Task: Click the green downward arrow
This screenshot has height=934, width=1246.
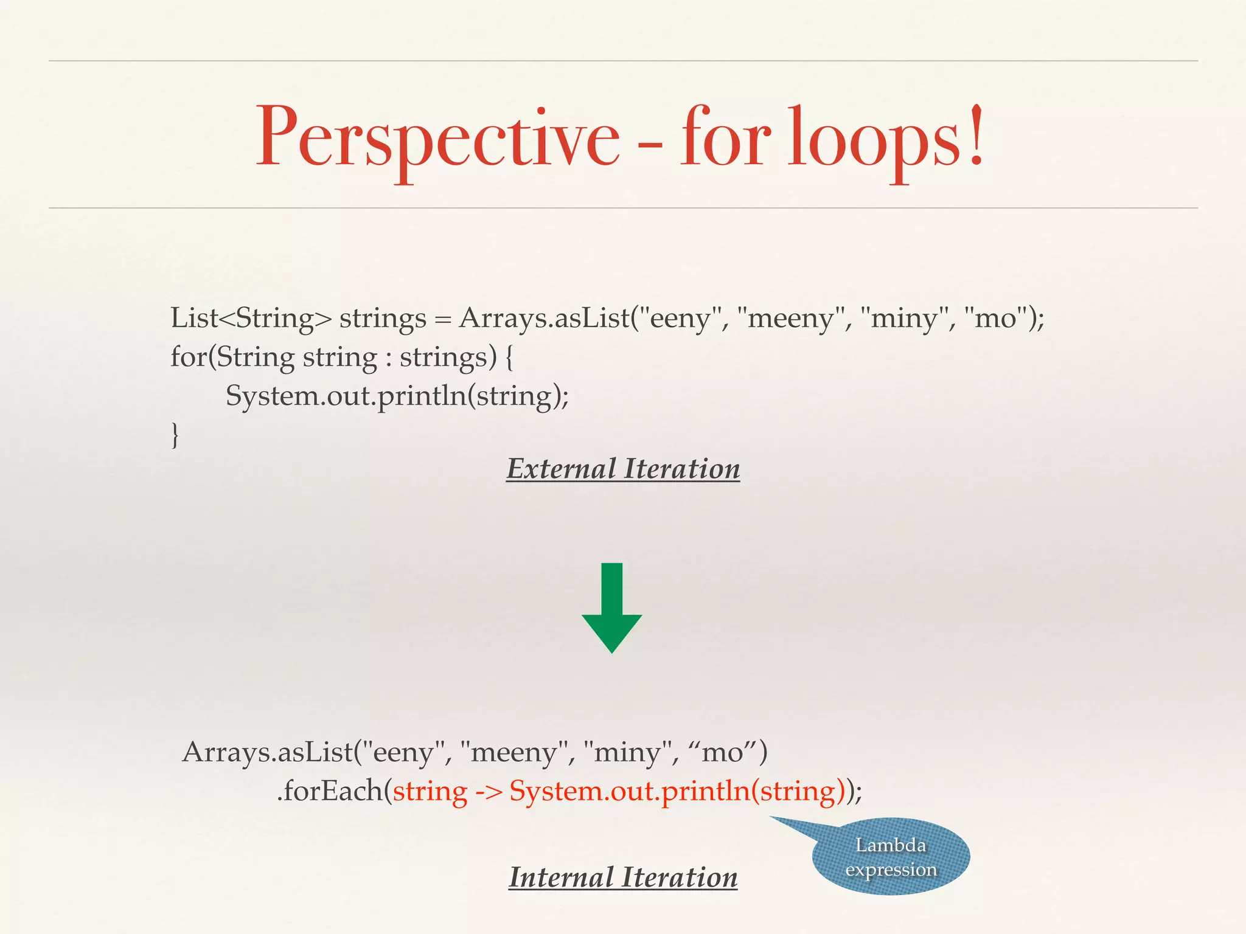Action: click(611, 607)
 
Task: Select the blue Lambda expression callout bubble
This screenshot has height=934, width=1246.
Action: click(891, 857)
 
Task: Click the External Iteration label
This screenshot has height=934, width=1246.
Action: click(623, 469)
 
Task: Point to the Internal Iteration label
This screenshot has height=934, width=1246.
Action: click(623, 877)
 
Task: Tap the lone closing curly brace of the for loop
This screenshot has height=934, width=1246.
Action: click(175, 435)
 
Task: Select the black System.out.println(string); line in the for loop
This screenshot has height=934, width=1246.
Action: click(397, 396)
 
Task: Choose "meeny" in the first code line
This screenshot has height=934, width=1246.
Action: click(790, 318)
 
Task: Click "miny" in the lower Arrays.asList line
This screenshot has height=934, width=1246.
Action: click(627, 753)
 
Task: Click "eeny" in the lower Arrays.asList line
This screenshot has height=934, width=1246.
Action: click(402, 753)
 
